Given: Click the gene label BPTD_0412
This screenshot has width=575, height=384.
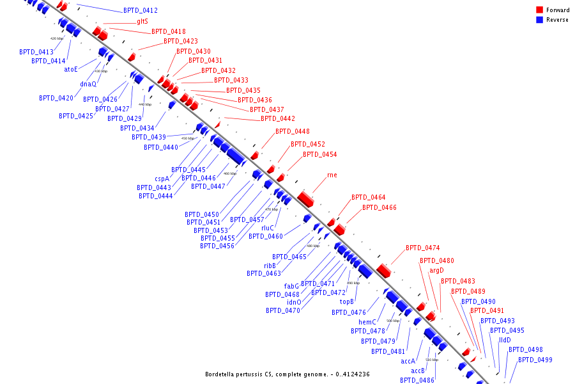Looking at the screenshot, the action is click(x=141, y=11).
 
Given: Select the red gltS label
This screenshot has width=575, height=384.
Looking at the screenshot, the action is click(x=142, y=21).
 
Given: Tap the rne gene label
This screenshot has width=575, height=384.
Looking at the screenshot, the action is click(x=332, y=175).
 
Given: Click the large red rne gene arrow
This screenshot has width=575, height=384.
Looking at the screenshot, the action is click(x=306, y=198).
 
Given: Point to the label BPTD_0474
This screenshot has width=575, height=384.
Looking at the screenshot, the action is click(x=422, y=248).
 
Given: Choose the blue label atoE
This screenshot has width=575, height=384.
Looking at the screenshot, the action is click(x=71, y=69).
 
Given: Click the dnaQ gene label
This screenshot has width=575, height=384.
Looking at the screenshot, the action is click(x=88, y=84).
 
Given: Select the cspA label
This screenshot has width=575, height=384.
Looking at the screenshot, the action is click(x=162, y=179).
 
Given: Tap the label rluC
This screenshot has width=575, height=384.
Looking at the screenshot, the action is click(x=268, y=228).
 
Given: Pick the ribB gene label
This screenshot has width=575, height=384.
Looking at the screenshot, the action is click(x=270, y=266).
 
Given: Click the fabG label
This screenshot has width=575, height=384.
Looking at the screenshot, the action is click(x=291, y=286).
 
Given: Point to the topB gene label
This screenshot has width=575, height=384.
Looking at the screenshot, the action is click(x=347, y=301).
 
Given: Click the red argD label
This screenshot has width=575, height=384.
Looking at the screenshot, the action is click(x=436, y=271).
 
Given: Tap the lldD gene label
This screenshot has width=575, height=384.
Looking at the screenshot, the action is click(x=505, y=340).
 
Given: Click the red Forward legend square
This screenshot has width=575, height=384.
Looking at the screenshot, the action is click(x=540, y=10).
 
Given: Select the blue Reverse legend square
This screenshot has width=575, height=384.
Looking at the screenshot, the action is click(x=540, y=20).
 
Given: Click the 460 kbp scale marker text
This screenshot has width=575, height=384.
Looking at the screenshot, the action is click(x=229, y=173).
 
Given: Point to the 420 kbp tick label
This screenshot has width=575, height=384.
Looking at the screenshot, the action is click(x=57, y=38).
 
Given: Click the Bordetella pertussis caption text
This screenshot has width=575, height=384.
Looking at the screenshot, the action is click(x=287, y=374).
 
